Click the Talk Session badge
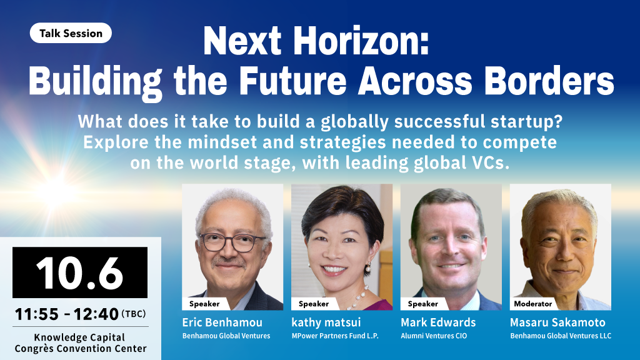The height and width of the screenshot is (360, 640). coord(71,33)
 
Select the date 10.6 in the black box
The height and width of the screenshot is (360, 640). coord(79,272)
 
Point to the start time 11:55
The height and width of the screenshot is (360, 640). coord(37,314)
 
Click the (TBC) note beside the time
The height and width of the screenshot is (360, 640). coord(134,314)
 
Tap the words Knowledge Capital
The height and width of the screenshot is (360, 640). coord(79,337)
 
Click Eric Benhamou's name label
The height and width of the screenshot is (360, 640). coord(222,322)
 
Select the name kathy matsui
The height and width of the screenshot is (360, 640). coord(326,322)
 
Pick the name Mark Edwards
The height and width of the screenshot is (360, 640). coord(438,322)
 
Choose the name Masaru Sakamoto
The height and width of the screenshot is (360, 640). coord(557,322)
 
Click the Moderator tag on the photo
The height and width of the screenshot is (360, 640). coord(532,304)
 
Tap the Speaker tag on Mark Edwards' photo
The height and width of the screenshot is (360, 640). coord(423,304)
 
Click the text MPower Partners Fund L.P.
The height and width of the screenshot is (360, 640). coord(335,336)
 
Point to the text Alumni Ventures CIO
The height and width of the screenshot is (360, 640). coord(434,336)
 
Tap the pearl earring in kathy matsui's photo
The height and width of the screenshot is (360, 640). coord(367,267)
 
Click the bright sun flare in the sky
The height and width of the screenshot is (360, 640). coord(56,192)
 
